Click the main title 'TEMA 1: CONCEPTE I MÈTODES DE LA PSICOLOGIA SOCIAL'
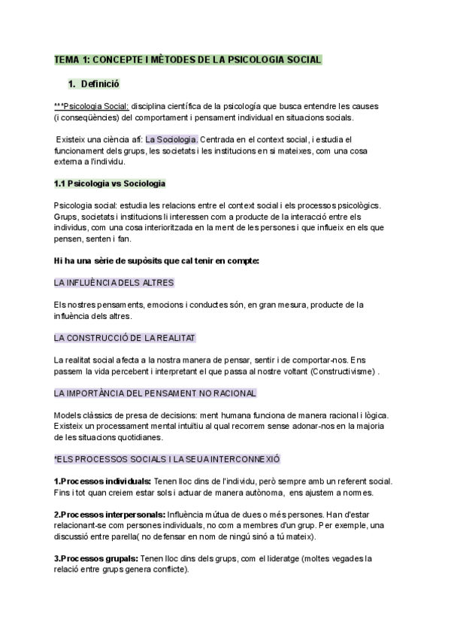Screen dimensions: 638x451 pyautogui.click(x=188, y=59)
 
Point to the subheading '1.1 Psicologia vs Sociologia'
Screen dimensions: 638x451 pyautogui.click(x=110, y=183)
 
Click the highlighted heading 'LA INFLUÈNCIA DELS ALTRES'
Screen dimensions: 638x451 pyautogui.click(x=114, y=283)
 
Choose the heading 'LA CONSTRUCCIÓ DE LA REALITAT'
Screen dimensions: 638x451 pyautogui.click(x=126, y=338)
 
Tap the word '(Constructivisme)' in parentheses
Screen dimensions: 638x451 pyautogui.click(x=342, y=371)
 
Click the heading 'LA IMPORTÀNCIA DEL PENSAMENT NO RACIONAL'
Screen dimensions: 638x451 pyautogui.click(x=156, y=393)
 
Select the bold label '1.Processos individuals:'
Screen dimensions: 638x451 pyautogui.click(x=103, y=481)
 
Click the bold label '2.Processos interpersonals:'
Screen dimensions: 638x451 pyautogui.click(x=110, y=514)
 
